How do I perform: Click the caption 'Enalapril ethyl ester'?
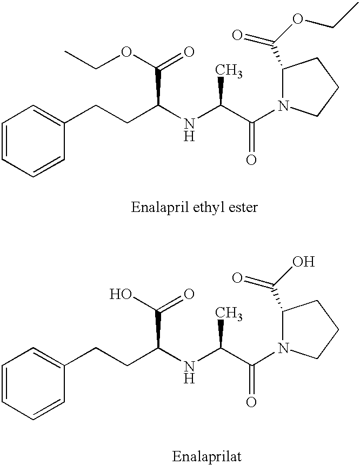(x=194, y=207)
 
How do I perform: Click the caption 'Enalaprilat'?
(x=206, y=456)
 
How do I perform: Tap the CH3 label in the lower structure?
(x=228, y=314)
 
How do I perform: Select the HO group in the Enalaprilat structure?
(x=121, y=294)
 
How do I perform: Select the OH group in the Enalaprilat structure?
(x=303, y=262)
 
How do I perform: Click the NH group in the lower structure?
(x=189, y=372)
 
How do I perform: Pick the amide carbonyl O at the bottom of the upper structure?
(x=251, y=160)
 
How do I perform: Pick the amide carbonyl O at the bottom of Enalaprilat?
(x=251, y=402)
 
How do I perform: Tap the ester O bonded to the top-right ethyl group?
(x=298, y=19)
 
